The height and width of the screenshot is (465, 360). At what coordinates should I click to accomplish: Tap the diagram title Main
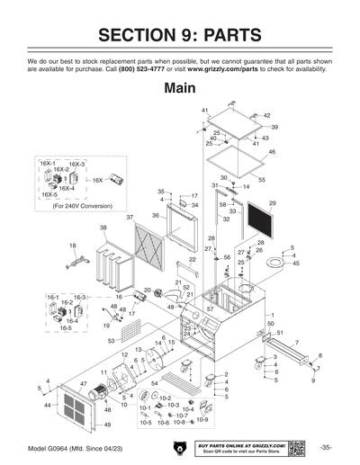pos(180,89)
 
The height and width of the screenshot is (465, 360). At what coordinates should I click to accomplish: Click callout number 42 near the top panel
pos(266,116)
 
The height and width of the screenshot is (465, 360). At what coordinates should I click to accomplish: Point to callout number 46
pos(272,153)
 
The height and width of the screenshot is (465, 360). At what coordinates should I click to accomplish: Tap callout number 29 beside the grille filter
pos(272,204)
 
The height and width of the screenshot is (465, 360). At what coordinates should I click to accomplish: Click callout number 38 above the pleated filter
pos(103,228)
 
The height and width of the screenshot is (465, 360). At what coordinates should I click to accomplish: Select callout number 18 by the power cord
pos(72,245)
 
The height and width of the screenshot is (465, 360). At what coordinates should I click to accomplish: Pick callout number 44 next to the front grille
pos(47,406)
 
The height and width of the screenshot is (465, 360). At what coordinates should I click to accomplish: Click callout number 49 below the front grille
pos(107,425)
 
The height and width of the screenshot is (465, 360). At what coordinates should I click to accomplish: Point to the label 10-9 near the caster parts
pos(202,420)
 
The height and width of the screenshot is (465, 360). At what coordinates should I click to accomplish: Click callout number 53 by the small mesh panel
pos(111,342)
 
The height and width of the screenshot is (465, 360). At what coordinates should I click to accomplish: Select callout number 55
pos(262,181)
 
